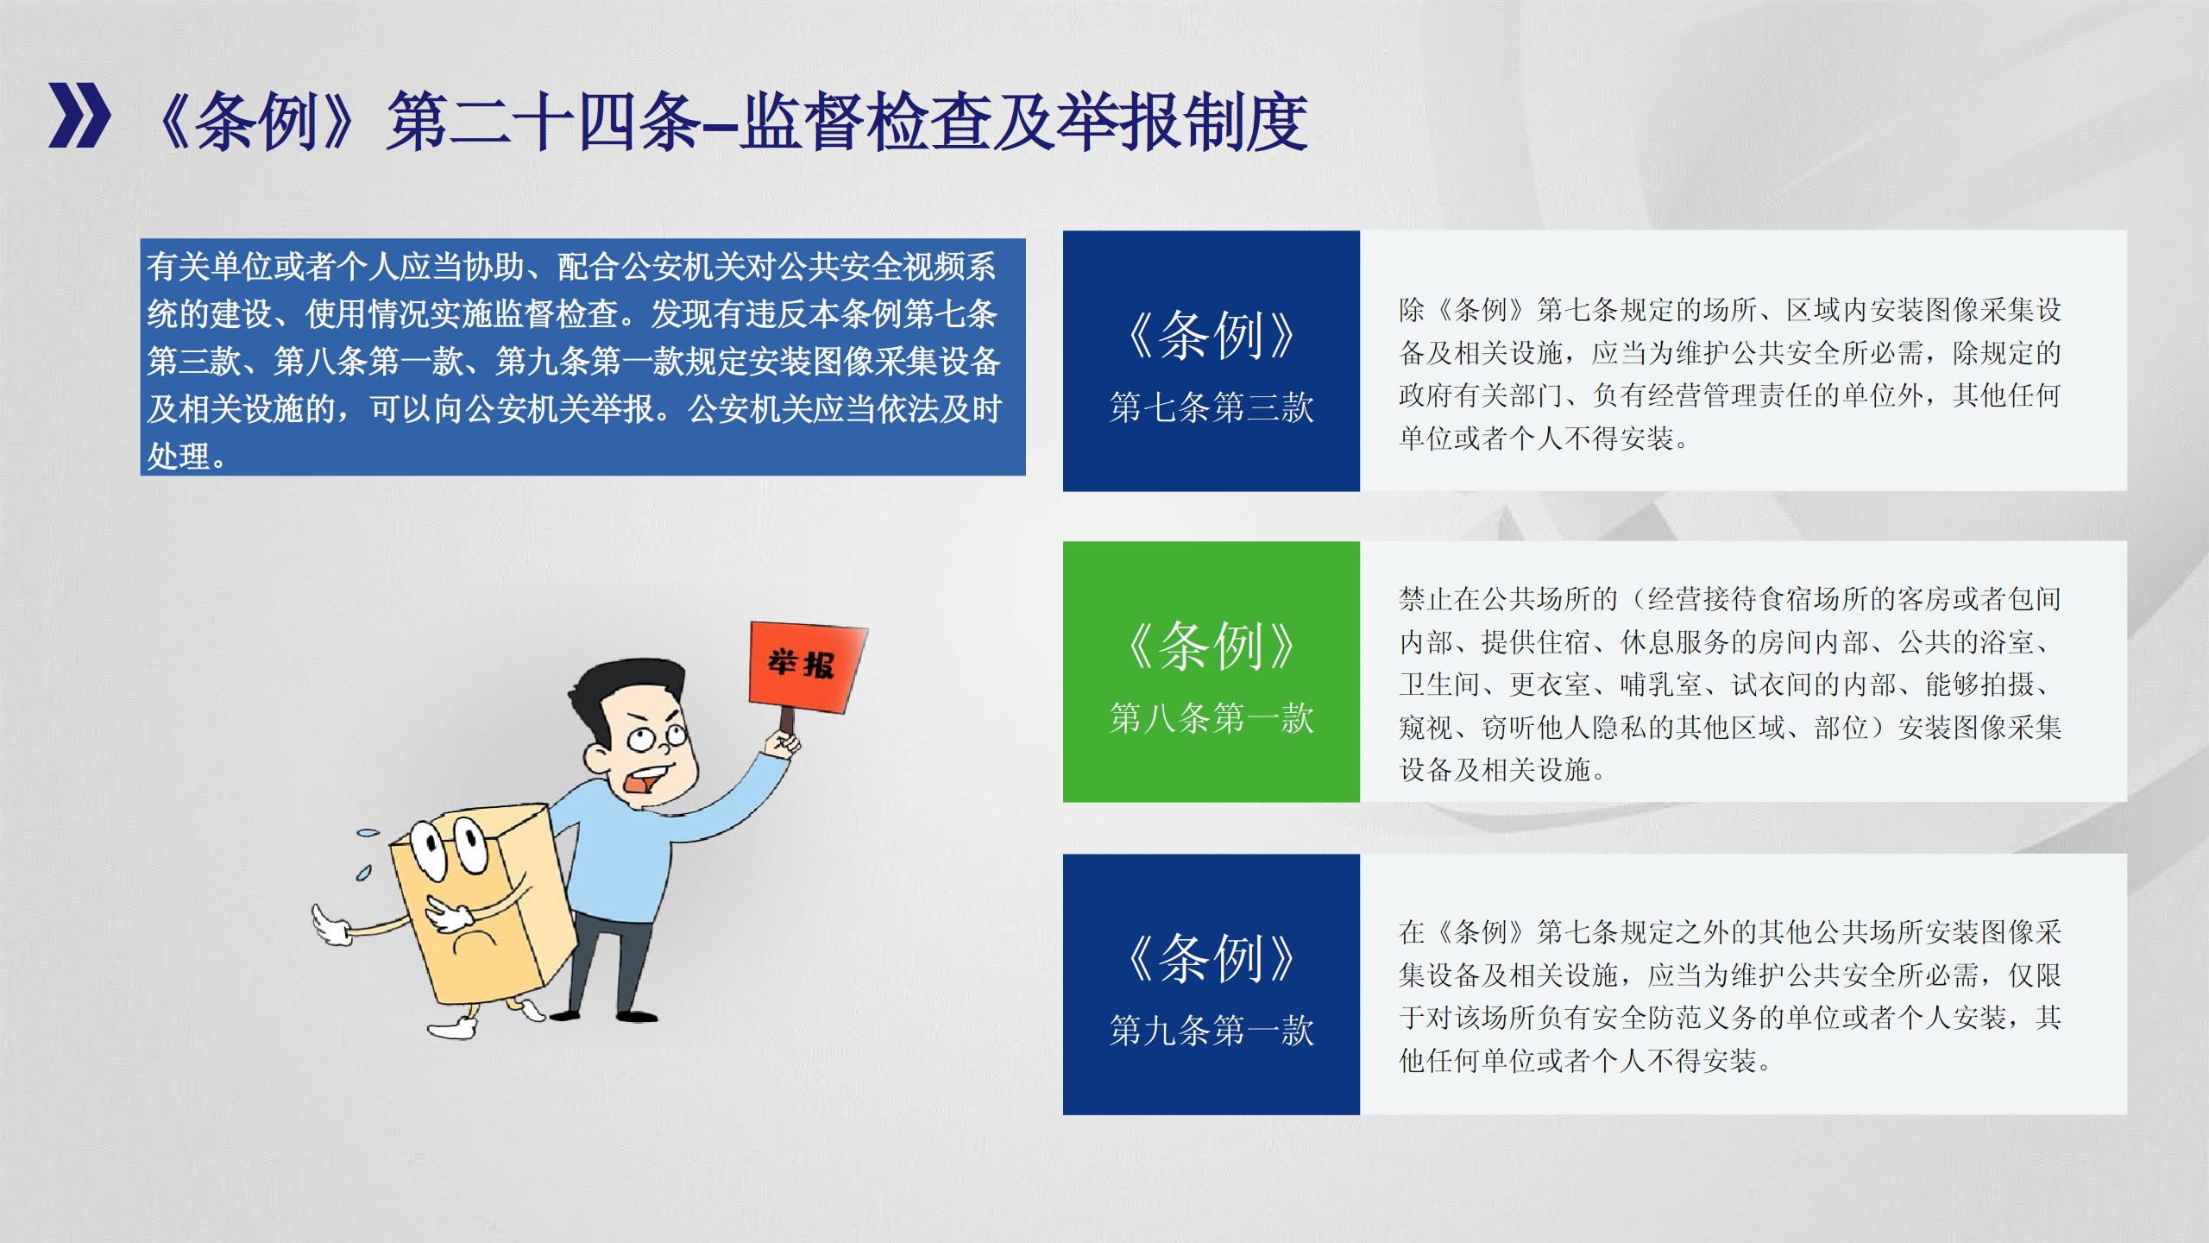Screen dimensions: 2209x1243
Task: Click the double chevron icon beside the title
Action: [79, 116]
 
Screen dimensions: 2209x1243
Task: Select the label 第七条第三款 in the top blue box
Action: [1211, 407]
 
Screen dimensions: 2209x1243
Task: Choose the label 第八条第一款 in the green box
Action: [1211, 718]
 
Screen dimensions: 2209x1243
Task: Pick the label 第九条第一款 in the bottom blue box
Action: [1211, 1031]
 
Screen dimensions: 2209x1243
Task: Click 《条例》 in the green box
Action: [1211, 646]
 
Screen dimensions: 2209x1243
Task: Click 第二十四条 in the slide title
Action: [544, 122]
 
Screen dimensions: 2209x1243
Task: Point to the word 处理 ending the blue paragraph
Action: [179, 455]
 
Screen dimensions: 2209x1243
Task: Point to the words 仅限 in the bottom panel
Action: [2035, 975]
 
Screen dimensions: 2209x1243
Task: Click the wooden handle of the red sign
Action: [786, 721]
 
